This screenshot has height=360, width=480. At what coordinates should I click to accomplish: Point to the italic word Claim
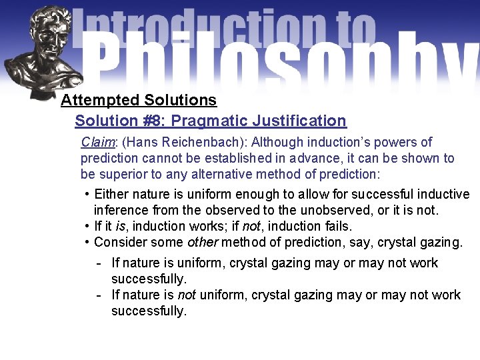point(97,142)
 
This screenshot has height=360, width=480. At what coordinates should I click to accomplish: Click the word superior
point(125,175)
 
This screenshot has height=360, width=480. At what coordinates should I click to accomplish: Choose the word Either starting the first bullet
point(111,195)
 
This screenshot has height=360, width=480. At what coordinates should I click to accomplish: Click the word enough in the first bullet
point(226,195)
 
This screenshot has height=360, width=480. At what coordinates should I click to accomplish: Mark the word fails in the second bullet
point(337,226)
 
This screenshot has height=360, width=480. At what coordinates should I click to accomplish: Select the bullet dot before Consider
point(87,242)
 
